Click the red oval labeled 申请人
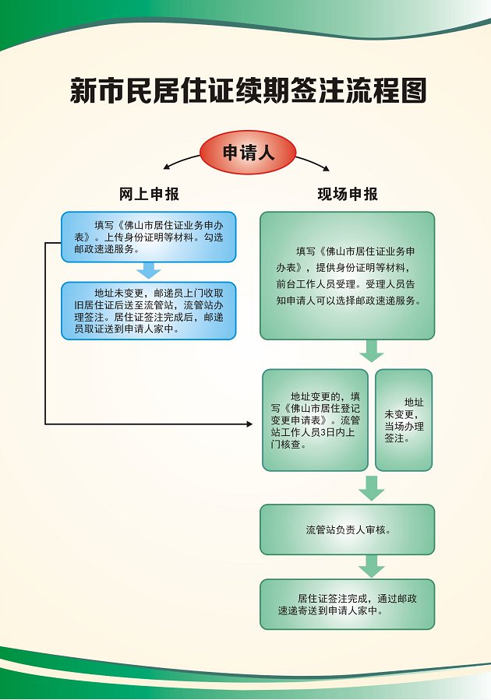(249, 152)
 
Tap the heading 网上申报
(149, 194)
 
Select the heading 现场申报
(348, 194)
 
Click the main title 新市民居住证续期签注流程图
(248, 91)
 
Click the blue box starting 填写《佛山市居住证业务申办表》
(148, 237)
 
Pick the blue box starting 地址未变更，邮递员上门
(148, 311)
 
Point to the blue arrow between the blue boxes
(148, 271)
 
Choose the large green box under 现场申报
(347, 275)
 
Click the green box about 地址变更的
(315, 420)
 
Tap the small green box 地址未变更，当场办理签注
(403, 420)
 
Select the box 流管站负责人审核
(347, 529)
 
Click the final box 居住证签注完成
(347, 604)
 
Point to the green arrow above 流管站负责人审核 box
(372, 488)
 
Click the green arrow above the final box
(372, 566)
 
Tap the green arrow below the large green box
(372, 351)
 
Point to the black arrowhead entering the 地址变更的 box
(249, 424)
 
